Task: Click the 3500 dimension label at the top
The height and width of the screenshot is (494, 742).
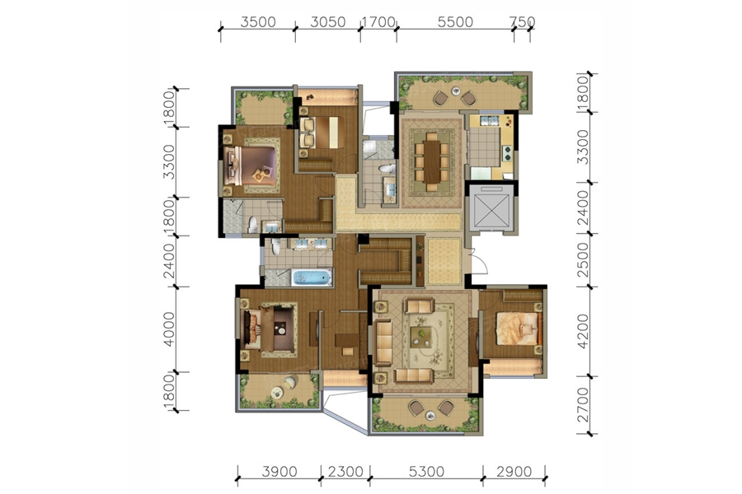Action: click(x=258, y=22)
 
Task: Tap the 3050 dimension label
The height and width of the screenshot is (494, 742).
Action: click(x=328, y=22)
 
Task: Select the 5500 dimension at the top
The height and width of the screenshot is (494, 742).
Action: click(x=455, y=22)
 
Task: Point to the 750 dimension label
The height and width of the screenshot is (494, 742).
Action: click(x=523, y=22)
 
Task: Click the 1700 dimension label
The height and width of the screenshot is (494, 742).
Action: click(x=378, y=22)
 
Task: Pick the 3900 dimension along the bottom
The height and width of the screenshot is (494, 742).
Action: click(x=279, y=471)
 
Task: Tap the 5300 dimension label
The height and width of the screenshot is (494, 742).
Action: click(x=427, y=471)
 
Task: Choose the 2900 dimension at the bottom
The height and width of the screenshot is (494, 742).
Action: click(x=514, y=471)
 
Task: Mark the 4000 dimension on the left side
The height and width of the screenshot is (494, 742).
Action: click(x=168, y=329)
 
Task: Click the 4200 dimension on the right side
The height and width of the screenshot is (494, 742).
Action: click(x=583, y=331)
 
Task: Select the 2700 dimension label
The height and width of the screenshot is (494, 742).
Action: click(x=583, y=404)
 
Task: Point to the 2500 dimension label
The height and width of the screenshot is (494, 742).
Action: click(x=583, y=260)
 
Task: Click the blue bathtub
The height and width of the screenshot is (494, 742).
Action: click(x=312, y=277)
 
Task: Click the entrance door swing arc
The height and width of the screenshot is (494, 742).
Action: click(x=481, y=262)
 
